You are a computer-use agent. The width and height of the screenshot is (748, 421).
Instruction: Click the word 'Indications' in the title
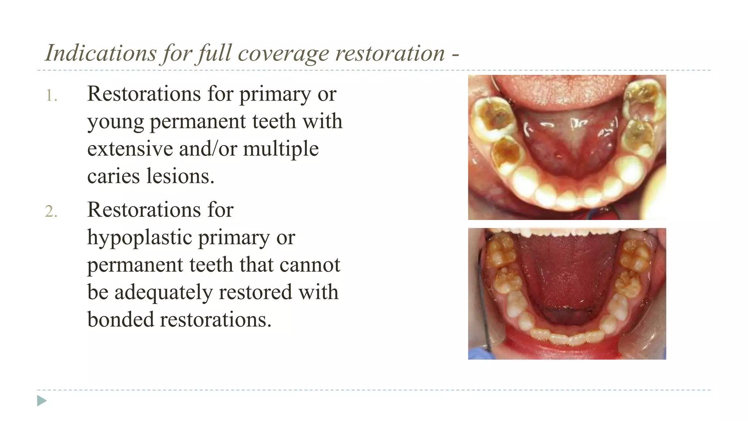click(x=100, y=53)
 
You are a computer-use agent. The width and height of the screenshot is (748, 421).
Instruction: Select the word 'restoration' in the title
click(x=390, y=53)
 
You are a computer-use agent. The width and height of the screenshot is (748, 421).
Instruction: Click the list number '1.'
click(x=51, y=96)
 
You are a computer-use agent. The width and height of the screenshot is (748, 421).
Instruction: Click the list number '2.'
click(x=51, y=212)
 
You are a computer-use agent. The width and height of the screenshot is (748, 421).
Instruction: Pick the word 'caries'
click(x=114, y=176)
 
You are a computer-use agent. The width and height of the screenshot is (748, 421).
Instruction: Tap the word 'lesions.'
click(x=180, y=176)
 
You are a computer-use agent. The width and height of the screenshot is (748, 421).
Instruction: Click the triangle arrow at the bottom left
click(x=42, y=401)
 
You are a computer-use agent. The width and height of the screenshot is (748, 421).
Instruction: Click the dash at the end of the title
click(x=455, y=55)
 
